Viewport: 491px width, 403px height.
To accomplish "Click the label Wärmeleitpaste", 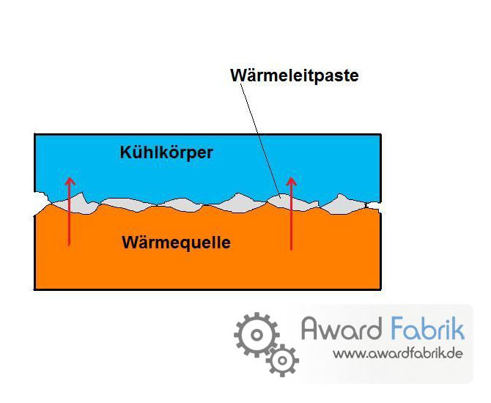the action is [295, 75].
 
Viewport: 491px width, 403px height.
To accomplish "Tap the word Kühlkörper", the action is [166, 152].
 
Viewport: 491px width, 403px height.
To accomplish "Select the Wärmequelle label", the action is [177, 243].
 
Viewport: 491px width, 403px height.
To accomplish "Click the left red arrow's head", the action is [70, 181].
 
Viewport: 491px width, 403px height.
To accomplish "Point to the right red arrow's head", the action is [292, 182].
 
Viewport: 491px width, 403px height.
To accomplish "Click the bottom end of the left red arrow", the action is [69, 245].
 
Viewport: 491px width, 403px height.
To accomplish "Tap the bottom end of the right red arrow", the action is [291, 249].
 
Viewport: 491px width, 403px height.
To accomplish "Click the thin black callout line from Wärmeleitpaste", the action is [259, 137].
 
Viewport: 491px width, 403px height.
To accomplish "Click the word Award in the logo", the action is [342, 329].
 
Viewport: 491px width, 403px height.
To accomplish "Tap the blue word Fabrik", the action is [428, 328].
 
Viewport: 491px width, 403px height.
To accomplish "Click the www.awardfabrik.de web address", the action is [398, 354].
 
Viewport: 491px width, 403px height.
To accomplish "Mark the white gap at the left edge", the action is [40, 202].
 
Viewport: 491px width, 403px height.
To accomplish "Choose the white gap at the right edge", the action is [374, 205].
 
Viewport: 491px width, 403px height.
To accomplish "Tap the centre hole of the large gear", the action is [256, 335].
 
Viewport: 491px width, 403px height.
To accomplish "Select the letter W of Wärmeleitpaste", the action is [238, 75].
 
